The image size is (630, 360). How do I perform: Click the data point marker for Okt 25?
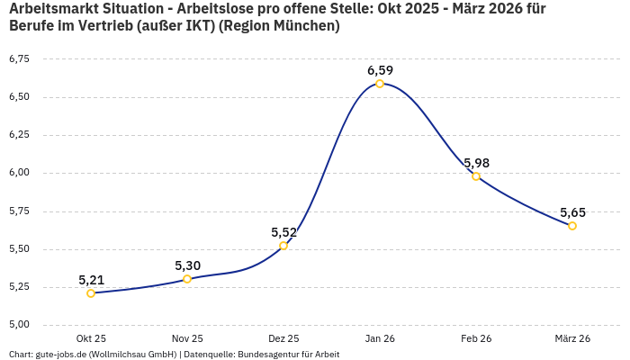[x=91, y=293]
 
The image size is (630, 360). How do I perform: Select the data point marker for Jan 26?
[x=380, y=84]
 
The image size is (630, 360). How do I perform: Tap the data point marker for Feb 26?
[x=476, y=176]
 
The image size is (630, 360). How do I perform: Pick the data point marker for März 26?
[x=572, y=226]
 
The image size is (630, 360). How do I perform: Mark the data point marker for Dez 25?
[x=283, y=246]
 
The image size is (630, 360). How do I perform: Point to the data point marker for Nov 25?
[x=187, y=279]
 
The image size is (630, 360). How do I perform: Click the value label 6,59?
[x=380, y=70]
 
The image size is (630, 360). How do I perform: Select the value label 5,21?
[x=91, y=280]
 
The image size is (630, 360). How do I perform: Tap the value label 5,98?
[x=476, y=163]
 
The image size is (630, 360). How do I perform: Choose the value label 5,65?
[x=572, y=212]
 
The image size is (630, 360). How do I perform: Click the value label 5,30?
[x=187, y=265]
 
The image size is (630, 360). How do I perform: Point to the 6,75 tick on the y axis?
[x=19, y=59]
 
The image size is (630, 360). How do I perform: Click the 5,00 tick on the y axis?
[x=19, y=325]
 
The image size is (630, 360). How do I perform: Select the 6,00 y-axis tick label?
[x=19, y=173]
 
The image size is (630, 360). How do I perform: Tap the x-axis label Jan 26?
[x=380, y=338]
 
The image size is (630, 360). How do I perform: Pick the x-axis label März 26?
[x=572, y=338]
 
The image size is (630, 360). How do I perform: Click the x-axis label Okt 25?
[x=91, y=338]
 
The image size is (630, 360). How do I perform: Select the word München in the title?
[x=304, y=26]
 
